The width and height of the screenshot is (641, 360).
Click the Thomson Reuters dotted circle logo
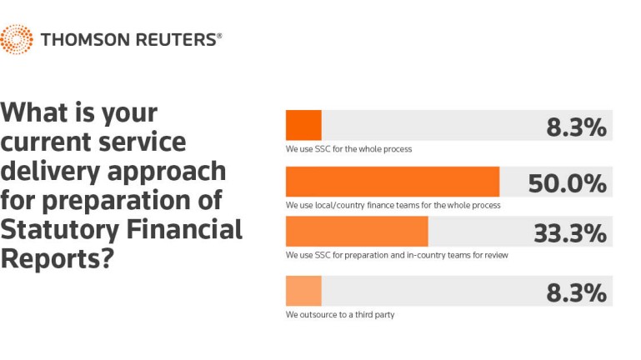[17, 39]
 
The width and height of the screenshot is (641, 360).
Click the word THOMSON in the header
[85, 40]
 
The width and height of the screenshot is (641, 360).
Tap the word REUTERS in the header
[176, 40]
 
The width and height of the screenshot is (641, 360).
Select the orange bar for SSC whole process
[303, 125]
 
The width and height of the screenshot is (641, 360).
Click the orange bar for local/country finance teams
[393, 182]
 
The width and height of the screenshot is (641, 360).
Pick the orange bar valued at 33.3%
[357, 232]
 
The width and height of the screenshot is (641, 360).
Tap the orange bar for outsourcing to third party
[303, 291]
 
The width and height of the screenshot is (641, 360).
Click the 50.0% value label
[568, 183]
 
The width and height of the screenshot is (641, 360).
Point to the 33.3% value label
[570, 233]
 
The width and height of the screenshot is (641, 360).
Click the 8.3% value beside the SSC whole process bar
[577, 127]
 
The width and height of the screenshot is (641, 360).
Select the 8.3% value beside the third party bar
[577, 293]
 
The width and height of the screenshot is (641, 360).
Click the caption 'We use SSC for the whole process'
[348, 149]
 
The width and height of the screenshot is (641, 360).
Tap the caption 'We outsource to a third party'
[340, 315]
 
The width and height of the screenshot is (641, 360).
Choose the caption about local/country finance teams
[393, 205]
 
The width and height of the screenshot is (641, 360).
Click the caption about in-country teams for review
[397, 255]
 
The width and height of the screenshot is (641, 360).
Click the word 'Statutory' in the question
[60, 230]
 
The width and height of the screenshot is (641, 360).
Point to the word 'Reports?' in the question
[57, 259]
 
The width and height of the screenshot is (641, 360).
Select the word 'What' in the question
[34, 112]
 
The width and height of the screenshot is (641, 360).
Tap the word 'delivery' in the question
[50, 172]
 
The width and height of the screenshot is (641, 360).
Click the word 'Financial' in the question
[184, 229]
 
